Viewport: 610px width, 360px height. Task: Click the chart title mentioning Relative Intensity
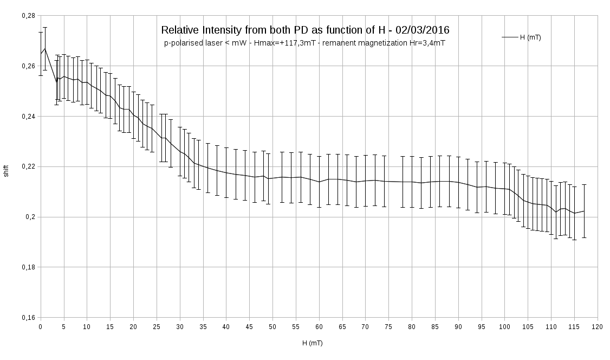click(x=305, y=30)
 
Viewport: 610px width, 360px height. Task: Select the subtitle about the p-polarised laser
click(x=304, y=43)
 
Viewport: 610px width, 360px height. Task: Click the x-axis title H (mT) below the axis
click(x=313, y=343)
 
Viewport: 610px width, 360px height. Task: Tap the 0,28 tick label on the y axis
click(x=28, y=16)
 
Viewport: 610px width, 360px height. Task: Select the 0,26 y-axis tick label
click(x=28, y=66)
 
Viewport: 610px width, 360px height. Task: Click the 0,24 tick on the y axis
click(x=28, y=117)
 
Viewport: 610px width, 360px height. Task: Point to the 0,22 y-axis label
click(x=28, y=166)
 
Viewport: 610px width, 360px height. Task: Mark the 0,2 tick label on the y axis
click(x=30, y=217)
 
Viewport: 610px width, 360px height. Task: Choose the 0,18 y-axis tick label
click(x=28, y=267)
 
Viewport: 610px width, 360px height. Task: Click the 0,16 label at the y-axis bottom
click(x=28, y=318)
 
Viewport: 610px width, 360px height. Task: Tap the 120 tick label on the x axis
click(x=598, y=327)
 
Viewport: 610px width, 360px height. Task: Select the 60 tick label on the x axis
click(x=319, y=327)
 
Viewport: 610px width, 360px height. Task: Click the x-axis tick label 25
click(x=157, y=327)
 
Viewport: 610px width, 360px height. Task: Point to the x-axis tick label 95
click(x=482, y=327)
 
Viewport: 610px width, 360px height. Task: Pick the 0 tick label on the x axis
click(x=41, y=327)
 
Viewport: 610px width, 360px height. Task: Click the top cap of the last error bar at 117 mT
click(x=584, y=185)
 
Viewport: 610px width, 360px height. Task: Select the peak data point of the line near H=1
click(x=45, y=48)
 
